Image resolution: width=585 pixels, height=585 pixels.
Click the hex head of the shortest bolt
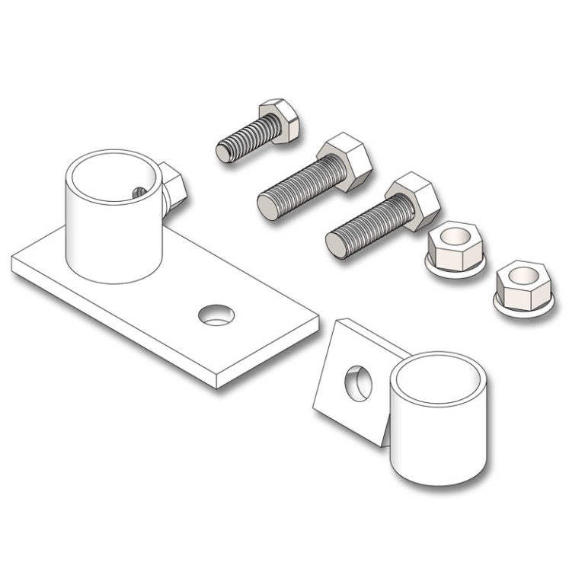280,121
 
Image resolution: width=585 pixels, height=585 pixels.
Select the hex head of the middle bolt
344,161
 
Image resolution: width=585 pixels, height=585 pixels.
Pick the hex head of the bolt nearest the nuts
412,200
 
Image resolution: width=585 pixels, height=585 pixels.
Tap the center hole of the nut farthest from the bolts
523,274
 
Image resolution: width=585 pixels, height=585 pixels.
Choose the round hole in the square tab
359,383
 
